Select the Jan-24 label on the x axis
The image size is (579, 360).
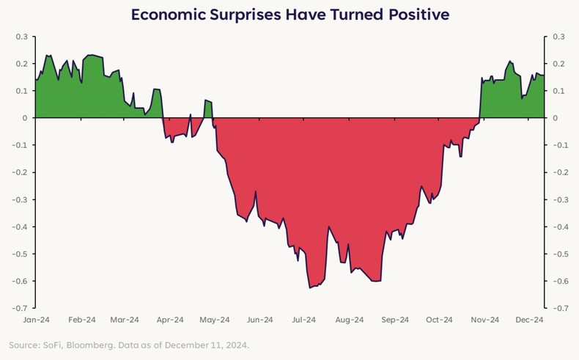[x=36, y=320]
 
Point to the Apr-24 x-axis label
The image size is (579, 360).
[x=171, y=320]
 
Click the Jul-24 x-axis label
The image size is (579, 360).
[x=304, y=320]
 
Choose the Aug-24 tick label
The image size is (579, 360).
[x=350, y=320]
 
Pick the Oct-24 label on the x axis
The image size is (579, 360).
[x=440, y=320]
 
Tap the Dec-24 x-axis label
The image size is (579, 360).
[x=529, y=320]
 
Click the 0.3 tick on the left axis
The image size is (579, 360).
[x=21, y=37]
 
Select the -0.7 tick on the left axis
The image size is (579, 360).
[x=20, y=309]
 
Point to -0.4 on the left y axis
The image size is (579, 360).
[x=20, y=227]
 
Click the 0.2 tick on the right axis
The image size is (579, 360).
[x=558, y=64]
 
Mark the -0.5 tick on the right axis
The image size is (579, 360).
[x=560, y=254]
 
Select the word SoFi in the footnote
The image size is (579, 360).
[x=54, y=345]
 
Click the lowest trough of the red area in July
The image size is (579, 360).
[x=311, y=287]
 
